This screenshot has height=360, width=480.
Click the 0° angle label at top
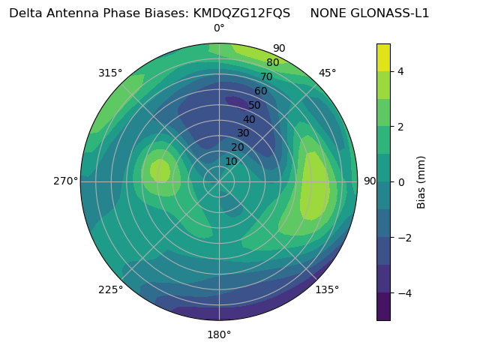pos(219,28)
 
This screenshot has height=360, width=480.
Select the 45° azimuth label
pos(328,73)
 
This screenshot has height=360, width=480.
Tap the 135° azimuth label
pos(327,289)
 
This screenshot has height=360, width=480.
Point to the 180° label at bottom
pos(219,334)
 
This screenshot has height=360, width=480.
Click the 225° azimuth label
pos(110,289)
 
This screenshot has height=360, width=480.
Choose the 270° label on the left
pos(65,181)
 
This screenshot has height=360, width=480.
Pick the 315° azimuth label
pos(110,73)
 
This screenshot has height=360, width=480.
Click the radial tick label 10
pos(231,161)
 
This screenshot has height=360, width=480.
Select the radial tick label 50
pos(255,106)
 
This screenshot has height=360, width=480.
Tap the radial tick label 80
pos(272,62)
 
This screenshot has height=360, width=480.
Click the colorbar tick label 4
pos(401,71)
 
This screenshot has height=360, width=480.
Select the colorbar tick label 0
pos(401,182)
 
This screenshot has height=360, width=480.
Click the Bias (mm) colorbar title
pos(421,182)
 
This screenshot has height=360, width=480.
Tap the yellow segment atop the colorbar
pos(383,57)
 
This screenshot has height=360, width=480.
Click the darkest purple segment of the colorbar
pos(383,307)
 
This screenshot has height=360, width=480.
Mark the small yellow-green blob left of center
pos(160,171)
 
